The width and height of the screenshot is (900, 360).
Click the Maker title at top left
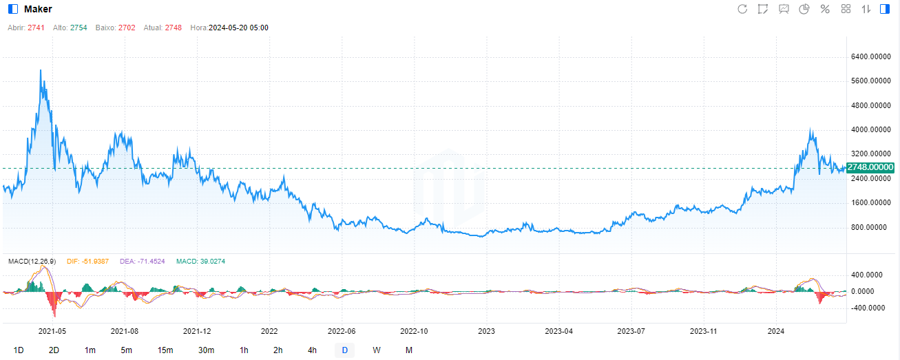click(x=38, y=9)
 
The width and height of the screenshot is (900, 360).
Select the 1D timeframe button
click(x=19, y=350)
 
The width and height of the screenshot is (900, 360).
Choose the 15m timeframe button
click(x=165, y=350)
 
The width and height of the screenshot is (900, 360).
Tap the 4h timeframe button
click(x=312, y=350)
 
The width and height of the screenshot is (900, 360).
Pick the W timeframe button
click(x=377, y=350)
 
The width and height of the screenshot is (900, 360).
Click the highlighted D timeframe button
click(x=345, y=350)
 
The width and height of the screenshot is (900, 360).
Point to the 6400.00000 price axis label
click(x=870, y=56)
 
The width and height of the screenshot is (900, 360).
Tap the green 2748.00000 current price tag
click(x=870, y=167)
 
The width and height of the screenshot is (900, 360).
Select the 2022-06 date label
click(x=341, y=331)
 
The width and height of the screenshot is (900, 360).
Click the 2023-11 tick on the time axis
click(x=704, y=331)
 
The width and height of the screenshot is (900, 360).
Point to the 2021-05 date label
click(x=52, y=331)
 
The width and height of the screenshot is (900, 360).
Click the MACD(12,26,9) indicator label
click(x=33, y=262)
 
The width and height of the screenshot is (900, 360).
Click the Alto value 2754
click(x=79, y=28)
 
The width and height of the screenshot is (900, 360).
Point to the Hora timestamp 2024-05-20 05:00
click(x=238, y=28)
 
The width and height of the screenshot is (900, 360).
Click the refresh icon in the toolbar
click(x=742, y=9)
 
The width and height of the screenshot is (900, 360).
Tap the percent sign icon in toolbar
click(x=824, y=9)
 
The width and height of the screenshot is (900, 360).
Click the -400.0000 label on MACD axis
click(x=866, y=308)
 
